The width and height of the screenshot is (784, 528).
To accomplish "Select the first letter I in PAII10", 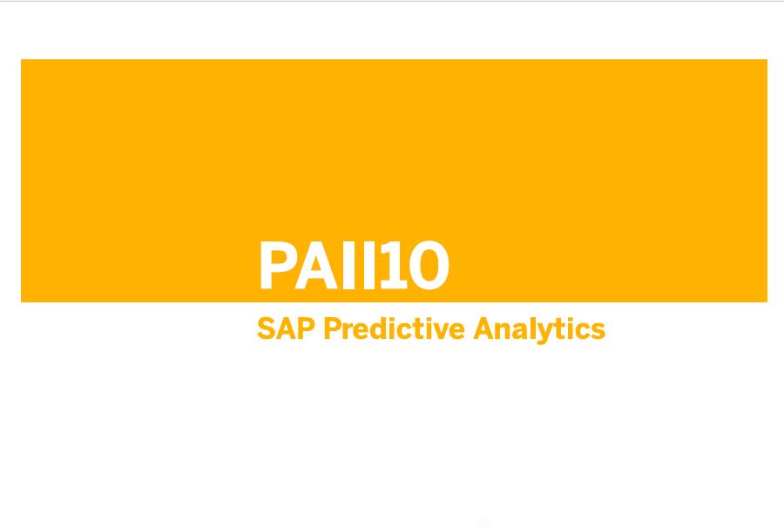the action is (349, 265).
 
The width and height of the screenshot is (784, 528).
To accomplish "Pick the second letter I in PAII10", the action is (369, 265).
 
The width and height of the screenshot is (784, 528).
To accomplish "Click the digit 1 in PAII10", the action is (394, 265).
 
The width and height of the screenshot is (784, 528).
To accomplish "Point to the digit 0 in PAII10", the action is (429, 266).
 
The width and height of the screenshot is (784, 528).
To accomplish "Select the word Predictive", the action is (395, 328).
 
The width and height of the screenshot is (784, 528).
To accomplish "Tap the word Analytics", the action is (539, 330).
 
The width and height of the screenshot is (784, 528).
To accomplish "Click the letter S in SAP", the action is (267, 328).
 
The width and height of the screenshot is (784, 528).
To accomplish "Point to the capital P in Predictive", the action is (333, 328).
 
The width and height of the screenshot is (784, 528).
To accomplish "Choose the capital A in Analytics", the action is (484, 328).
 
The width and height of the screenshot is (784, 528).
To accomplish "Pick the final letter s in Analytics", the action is (598, 331).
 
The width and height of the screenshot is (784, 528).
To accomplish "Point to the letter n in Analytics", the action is (506, 331).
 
